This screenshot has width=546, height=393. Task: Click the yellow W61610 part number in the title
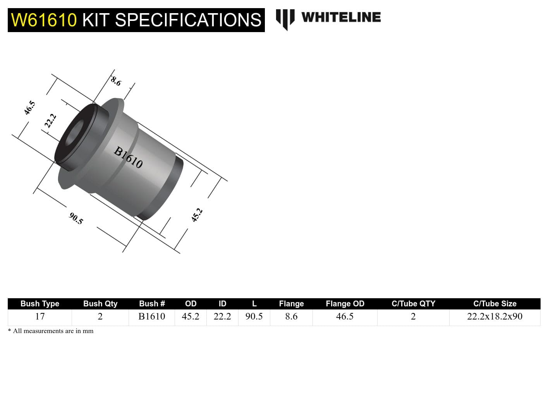(44, 20)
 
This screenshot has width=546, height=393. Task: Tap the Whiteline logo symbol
(285, 19)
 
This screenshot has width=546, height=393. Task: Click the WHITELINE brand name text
(341, 17)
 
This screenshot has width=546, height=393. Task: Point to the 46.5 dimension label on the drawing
(29, 108)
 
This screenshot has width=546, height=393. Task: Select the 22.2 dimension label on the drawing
(50, 120)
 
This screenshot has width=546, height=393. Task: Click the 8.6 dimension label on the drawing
(116, 81)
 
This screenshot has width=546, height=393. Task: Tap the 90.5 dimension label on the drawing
(76, 218)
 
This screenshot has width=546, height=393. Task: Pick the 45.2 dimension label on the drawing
(197, 215)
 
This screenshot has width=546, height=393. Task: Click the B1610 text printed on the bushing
(128, 157)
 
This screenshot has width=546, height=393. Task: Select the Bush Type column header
(39, 304)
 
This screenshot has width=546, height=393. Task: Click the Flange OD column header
(345, 304)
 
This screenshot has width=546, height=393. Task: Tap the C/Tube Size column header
(494, 304)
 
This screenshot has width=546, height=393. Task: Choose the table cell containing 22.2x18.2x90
(494, 316)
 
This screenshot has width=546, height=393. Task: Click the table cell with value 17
(39, 316)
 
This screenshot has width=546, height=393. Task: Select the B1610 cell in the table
(151, 316)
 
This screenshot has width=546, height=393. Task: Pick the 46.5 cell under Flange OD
(345, 316)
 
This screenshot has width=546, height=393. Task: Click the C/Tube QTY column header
(413, 304)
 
